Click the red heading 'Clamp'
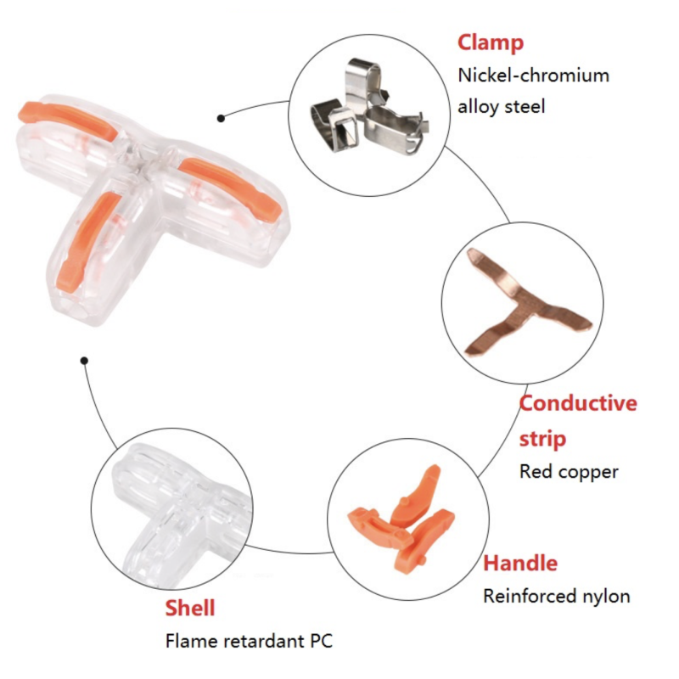click(491, 44)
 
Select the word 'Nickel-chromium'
click(534, 76)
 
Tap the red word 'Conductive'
click(578, 404)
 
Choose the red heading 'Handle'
click(520, 564)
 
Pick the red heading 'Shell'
click(190, 608)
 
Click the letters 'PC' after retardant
click(321, 642)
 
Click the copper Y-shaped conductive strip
click(527, 301)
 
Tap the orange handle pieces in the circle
click(401, 518)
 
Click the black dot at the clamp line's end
click(221, 118)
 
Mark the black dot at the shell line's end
click(84, 360)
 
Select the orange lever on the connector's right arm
click(229, 188)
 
